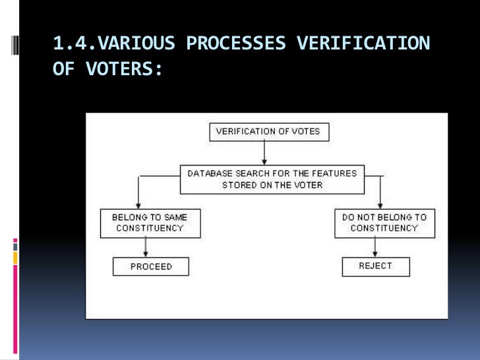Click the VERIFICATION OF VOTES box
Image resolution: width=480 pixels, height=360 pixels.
coord(268,131)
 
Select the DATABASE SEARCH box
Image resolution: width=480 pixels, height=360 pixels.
coord(272,179)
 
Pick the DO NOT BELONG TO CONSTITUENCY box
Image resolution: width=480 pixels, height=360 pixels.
coord(384,222)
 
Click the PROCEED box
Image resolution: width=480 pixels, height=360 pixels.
coord(150,266)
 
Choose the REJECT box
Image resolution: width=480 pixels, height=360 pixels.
coord(375,266)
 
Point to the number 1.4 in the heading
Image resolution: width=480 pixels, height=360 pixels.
coord(69,44)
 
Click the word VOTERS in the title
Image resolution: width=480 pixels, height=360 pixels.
coord(125,69)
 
